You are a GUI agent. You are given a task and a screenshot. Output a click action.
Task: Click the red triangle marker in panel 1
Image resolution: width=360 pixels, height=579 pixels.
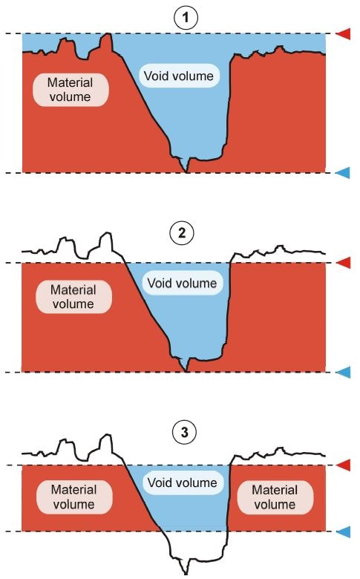point(343,33)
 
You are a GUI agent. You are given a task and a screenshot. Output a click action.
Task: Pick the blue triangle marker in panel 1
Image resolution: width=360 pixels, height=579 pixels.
point(343,173)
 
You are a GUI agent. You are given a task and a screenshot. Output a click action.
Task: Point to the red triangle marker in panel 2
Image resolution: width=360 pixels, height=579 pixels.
point(343,263)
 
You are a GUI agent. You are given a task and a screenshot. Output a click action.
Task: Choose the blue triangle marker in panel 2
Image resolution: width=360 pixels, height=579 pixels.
point(343,372)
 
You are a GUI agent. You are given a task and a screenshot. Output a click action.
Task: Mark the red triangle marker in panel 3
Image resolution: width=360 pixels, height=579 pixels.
point(343,465)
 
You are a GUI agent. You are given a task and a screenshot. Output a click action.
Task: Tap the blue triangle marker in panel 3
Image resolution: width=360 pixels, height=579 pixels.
point(343,531)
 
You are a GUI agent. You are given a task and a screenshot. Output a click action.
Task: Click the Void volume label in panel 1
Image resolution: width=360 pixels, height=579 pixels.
point(183,75)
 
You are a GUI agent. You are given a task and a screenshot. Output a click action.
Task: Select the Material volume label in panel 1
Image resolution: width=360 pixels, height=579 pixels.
point(70,89)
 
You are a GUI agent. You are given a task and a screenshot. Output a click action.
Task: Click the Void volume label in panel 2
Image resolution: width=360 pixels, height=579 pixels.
point(182,283)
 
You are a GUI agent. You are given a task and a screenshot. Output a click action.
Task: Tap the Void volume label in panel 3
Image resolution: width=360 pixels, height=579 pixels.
point(182,483)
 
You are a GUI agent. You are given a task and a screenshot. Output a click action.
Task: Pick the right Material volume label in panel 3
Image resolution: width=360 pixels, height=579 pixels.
point(275,497)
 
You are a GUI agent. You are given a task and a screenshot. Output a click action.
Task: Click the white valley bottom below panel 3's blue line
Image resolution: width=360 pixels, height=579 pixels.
point(189,549)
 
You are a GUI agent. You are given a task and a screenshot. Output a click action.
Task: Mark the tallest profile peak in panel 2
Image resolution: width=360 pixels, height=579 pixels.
point(110,235)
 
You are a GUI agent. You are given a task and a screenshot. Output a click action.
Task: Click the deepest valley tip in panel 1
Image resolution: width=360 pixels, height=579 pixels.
point(186,171)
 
